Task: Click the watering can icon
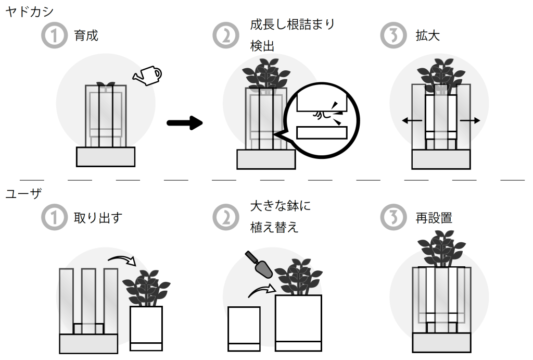[147, 75]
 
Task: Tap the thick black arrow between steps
[184, 123]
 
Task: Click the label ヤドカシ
[30, 12]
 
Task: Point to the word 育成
[86, 36]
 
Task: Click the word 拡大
[428, 36]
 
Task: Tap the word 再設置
[434, 218]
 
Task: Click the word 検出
[262, 46]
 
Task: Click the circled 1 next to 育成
[55, 36]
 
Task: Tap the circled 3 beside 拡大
[394, 36]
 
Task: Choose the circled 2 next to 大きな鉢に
[225, 218]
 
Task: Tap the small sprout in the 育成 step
[106, 84]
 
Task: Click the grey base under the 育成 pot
[106, 156]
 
